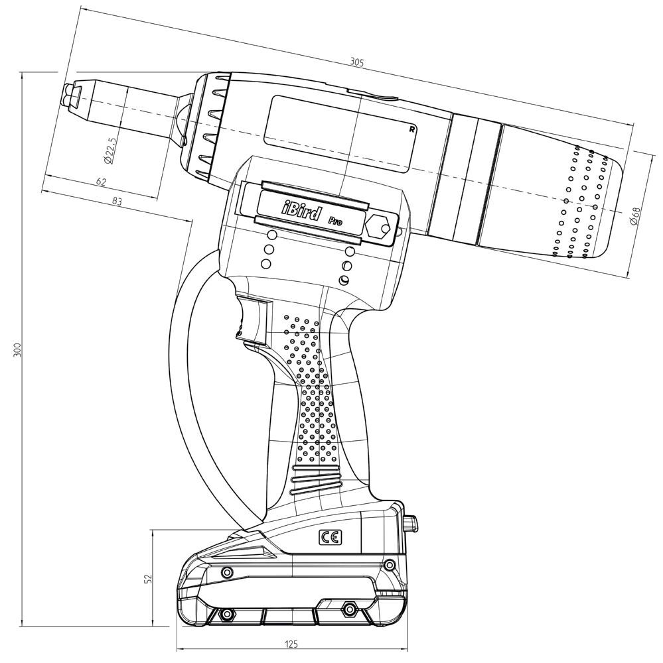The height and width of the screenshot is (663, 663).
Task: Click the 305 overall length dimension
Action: click(356, 62)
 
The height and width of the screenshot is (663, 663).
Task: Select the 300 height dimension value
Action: click(18, 349)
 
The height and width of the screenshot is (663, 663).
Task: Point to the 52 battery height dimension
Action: click(148, 578)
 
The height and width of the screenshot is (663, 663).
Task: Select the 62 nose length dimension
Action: click(101, 181)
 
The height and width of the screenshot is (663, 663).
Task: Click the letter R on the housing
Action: click(413, 129)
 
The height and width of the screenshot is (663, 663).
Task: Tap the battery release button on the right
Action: click(411, 524)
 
